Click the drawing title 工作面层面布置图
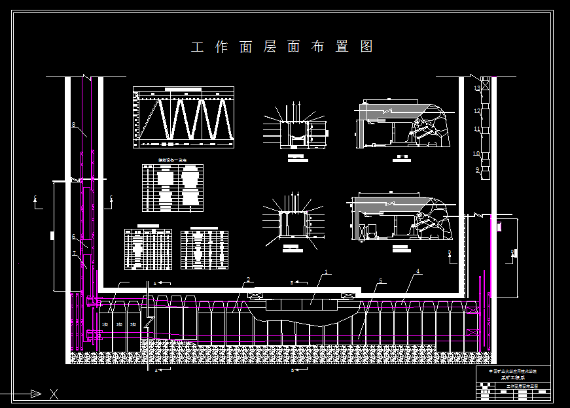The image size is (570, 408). pos(282,47)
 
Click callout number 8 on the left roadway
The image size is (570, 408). pos(74,125)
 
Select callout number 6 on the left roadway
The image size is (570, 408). pos(74,237)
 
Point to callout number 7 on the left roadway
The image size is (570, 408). pos(74,254)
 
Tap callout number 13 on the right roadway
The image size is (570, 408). pos(477,88)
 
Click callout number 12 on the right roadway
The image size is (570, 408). pos(477,112)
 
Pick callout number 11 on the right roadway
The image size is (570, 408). pos(477,129)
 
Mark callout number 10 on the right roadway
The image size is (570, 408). pos(477,154)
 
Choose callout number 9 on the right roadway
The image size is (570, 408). pos(477,169)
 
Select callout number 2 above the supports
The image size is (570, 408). pos(248,280)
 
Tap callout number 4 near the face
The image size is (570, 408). pos(417,271)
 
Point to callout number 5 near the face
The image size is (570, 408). pos(380,281)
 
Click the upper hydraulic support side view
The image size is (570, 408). pos(402,124)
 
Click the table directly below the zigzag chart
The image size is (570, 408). pos(173,188)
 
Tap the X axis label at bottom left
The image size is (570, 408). pos(54,394)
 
